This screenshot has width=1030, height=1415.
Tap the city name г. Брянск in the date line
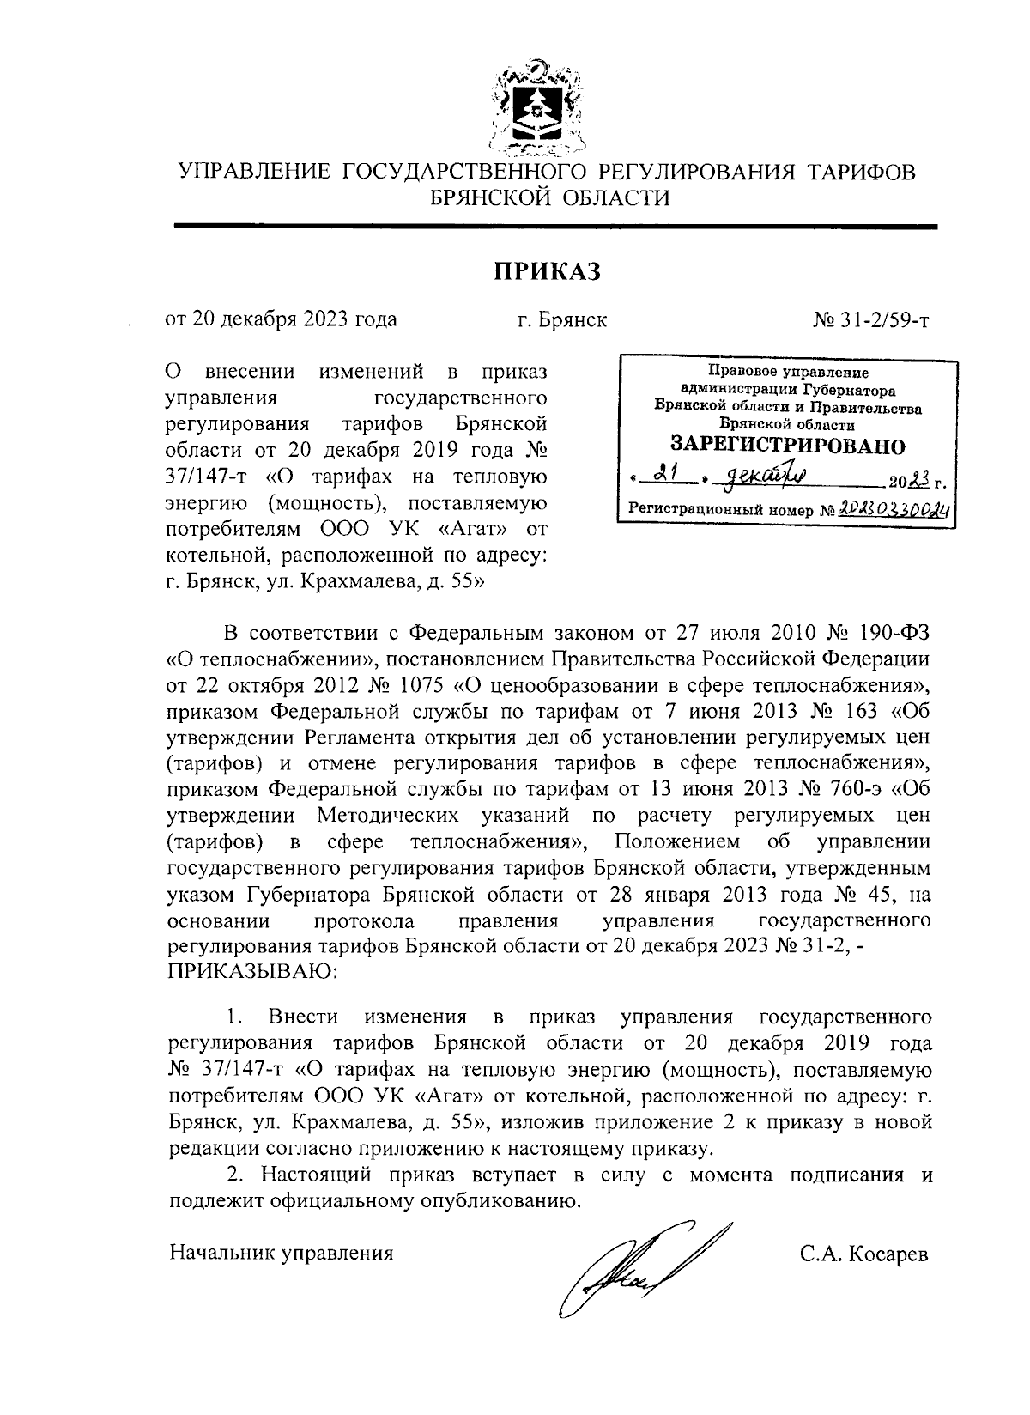[x=562, y=320]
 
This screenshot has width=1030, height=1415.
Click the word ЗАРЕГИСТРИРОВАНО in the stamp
[x=787, y=446]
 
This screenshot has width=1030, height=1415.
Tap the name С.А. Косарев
[x=864, y=1253]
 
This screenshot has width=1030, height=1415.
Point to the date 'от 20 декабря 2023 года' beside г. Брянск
[x=282, y=320]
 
